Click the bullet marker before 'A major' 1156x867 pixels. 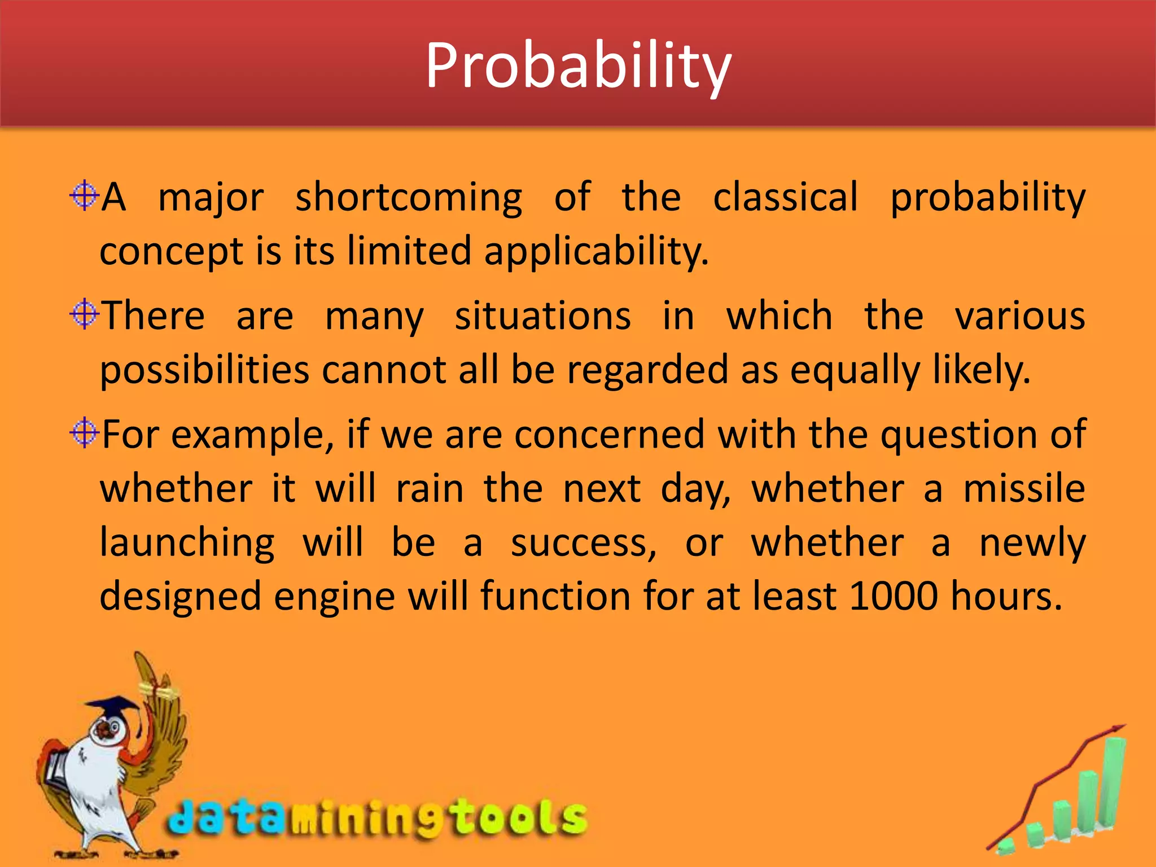click(x=84, y=196)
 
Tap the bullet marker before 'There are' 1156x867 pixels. click(x=84, y=314)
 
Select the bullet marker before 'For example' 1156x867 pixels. click(x=84, y=433)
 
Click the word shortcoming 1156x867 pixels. click(x=409, y=198)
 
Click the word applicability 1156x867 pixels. click(x=595, y=251)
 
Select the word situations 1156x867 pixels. click(x=542, y=316)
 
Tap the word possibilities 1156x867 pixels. click(x=204, y=370)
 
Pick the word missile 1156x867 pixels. click(x=1024, y=488)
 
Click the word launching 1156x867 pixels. click(x=187, y=543)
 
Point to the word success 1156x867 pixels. click(x=584, y=543)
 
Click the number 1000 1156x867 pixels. click(x=892, y=596)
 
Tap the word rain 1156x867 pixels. click(x=430, y=489)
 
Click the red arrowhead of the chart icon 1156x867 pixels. click(x=1118, y=730)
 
